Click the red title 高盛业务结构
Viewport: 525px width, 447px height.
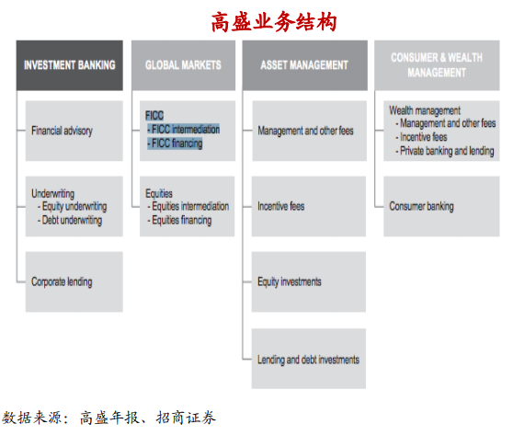(x=274, y=22)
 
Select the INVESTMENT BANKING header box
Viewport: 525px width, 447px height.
(x=70, y=65)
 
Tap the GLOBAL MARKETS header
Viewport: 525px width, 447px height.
(x=183, y=65)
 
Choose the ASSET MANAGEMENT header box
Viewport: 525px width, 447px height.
(x=304, y=65)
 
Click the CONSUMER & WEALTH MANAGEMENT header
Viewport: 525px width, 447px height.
(x=437, y=65)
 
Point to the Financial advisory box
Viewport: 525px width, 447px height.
(x=74, y=131)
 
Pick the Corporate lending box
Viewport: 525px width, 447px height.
(x=74, y=282)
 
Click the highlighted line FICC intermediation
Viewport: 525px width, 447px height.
(x=184, y=130)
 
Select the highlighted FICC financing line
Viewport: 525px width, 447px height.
(x=175, y=143)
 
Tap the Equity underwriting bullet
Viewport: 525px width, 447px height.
(x=73, y=207)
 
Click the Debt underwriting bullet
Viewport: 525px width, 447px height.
(x=70, y=221)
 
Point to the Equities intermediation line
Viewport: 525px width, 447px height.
(x=188, y=206)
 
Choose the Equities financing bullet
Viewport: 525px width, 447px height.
(x=179, y=221)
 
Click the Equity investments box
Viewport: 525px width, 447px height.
(x=309, y=282)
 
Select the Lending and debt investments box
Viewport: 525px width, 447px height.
(x=309, y=359)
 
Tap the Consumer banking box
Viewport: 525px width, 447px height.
(x=441, y=206)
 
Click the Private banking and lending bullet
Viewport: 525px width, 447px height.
(x=445, y=151)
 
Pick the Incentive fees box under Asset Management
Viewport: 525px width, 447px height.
(x=309, y=206)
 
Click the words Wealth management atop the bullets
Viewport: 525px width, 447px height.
(x=425, y=110)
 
